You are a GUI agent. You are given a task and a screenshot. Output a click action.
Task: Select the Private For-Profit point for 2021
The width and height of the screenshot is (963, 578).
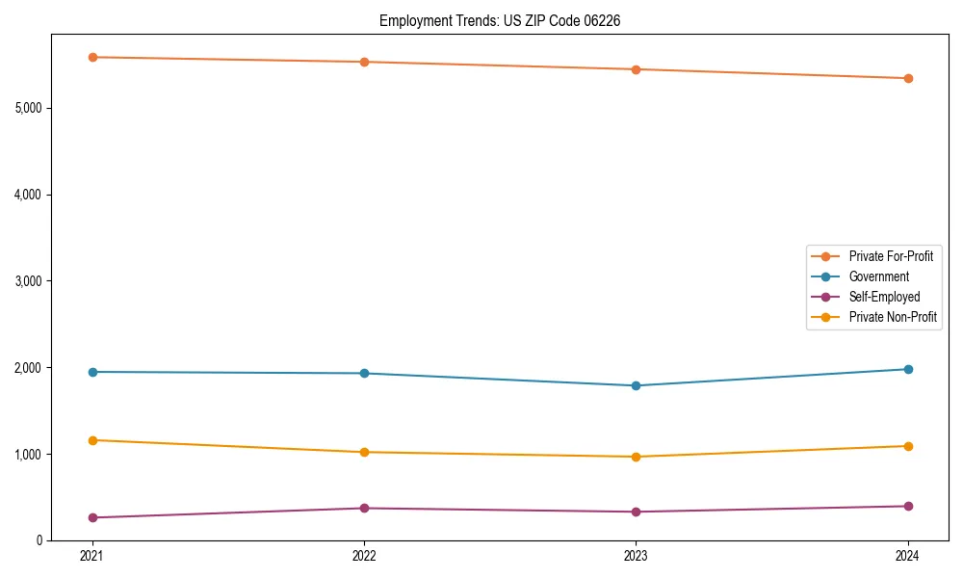92,58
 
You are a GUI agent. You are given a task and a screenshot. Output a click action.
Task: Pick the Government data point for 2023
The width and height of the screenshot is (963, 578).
636,385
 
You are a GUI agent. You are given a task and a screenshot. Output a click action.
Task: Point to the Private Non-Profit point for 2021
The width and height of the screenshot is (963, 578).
92,440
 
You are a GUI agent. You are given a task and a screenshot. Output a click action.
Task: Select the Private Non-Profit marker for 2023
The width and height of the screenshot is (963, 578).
636,457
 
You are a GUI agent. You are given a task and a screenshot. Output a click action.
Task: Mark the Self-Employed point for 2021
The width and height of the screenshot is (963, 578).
92,517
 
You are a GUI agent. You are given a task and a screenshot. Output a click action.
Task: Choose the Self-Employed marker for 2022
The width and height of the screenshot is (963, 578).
364,508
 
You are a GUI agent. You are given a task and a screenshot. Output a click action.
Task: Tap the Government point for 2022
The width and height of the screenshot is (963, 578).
364,373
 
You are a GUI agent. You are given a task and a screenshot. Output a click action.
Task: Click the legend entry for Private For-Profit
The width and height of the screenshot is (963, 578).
891,256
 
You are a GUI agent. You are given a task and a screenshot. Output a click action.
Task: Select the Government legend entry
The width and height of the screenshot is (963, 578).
878,276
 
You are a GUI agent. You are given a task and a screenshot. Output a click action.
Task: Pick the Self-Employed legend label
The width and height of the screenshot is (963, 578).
884,297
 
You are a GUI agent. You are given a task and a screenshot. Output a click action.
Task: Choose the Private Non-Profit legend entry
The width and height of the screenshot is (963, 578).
893,317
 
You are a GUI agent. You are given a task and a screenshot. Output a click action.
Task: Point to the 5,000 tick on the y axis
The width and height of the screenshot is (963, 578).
28,108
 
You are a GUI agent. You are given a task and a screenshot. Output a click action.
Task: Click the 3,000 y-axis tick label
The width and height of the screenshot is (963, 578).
28,281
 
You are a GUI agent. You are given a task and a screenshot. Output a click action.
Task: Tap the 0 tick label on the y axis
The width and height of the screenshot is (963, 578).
39,540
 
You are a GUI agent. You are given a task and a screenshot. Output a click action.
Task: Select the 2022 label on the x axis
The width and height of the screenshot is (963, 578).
364,556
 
